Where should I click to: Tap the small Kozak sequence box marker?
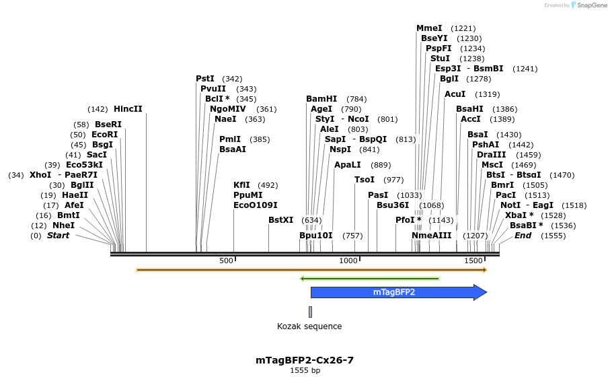pos(310,312)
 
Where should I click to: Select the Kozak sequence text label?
pos(309,326)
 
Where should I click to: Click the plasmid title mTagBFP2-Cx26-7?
pos(305,360)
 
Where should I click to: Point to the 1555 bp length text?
pos(305,371)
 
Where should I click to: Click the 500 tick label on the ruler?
pos(225,261)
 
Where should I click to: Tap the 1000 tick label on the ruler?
pos(348,261)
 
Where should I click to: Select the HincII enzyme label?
pos(128,109)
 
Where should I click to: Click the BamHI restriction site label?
pos(321,99)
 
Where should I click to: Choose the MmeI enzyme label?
pos(429,28)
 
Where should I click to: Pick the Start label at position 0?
pos(58,236)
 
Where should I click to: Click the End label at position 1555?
pos(523,236)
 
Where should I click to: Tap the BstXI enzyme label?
pos(280,220)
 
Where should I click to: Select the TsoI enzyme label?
pos(365,180)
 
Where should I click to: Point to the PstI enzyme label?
pos(205,79)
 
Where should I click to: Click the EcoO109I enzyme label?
pos(255,205)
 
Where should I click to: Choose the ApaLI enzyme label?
pos(348,165)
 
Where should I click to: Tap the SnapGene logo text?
pos(588,5)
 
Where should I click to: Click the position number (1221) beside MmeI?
pos(463,28)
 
